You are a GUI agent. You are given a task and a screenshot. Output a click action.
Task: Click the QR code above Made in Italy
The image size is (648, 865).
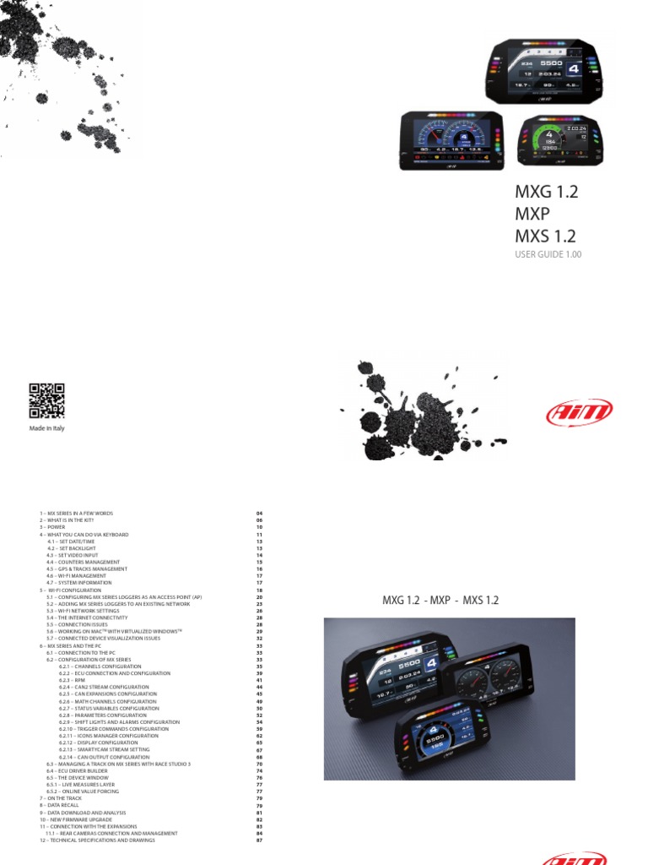tap(47, 401)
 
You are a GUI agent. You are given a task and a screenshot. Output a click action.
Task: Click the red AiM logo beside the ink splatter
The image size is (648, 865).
tap(579, 413)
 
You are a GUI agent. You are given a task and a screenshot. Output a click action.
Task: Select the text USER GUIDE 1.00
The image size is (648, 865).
tap(548, 253)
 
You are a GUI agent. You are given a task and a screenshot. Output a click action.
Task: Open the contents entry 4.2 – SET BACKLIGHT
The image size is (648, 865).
tap(73, 548)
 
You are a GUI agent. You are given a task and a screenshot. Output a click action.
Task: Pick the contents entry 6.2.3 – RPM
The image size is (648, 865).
tap(73, 680)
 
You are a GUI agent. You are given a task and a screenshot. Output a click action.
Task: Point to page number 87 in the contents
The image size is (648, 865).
tap(260, 841)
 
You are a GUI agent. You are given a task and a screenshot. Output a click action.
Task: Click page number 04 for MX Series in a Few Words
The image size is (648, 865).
tap(260, 514)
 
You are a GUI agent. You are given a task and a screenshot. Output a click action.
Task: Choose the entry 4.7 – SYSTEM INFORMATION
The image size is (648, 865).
tap(81, 583)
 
